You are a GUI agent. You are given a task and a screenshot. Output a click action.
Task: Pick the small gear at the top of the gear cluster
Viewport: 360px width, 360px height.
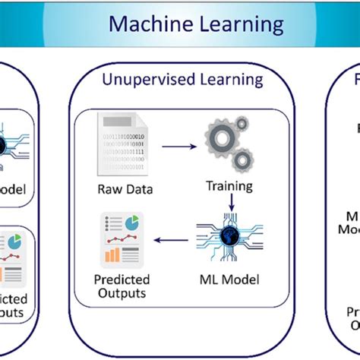coord(241,123)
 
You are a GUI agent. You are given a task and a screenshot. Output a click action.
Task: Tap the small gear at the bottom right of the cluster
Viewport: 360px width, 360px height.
coord(241,160)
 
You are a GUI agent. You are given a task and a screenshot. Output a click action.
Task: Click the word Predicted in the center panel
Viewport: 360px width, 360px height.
coord(123,278)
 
